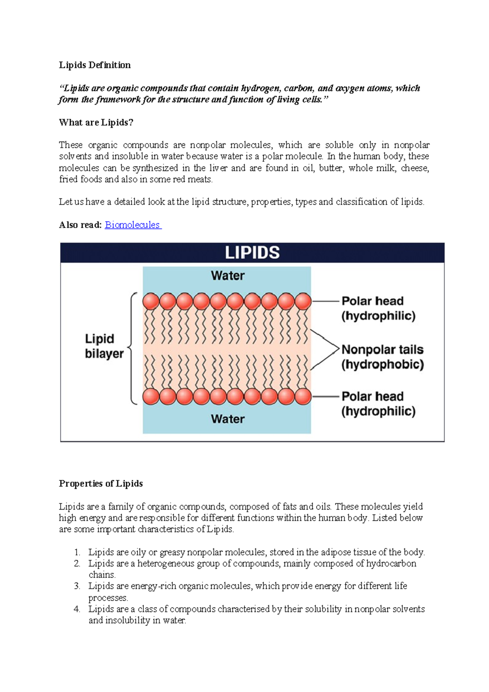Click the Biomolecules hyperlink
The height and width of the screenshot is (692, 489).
point(132,225)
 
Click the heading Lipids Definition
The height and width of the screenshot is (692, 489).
point(95,65)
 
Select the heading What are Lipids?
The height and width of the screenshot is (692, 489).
point(96,122)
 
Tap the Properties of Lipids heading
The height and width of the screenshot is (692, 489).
point(101,484)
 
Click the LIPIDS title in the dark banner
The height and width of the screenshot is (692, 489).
point(252,253)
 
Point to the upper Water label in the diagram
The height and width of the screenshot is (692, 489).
point(228,276)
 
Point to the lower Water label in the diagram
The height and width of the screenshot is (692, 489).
point(228,419)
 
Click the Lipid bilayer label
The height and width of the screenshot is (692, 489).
point(104,346)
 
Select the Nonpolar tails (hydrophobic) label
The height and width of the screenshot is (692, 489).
point(382,357)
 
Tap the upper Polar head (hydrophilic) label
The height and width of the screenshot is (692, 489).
point(378,308)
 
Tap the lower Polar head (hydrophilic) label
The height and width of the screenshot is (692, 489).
point(378,404)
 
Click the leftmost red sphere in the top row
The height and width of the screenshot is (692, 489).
point(151,302)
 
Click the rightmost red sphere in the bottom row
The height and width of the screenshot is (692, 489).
point(303,397)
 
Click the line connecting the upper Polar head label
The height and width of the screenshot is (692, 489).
point(326,301)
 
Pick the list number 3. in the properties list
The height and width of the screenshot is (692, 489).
point(77,586)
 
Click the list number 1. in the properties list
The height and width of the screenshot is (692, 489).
point(77,552)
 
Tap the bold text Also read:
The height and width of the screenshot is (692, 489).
point(80,225)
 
